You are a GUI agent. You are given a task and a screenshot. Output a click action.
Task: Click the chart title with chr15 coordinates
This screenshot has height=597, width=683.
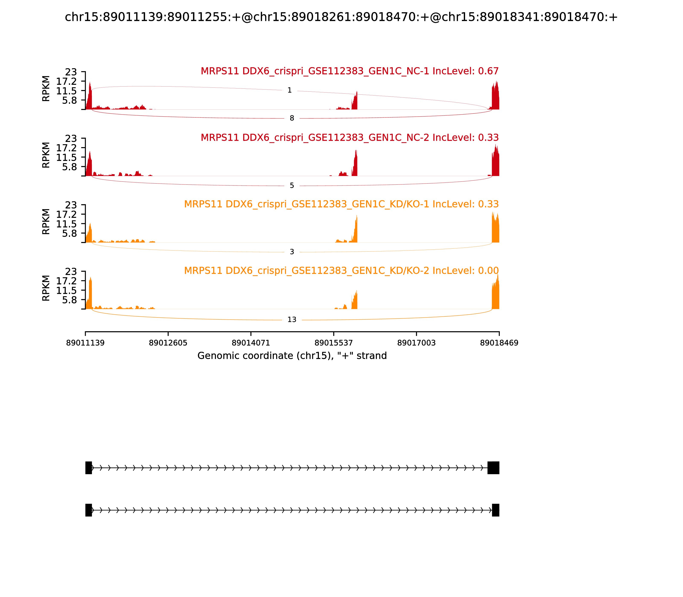pos(341,17)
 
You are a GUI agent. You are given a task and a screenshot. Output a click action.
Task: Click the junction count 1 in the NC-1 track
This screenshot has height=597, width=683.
pos(289,90)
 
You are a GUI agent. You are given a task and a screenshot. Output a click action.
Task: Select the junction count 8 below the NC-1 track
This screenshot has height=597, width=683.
pos(292,118)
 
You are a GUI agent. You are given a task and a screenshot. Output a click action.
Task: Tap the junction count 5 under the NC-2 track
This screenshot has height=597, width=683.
pos(292,185)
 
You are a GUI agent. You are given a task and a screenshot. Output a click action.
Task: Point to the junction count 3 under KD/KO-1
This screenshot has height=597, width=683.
pos(292,252)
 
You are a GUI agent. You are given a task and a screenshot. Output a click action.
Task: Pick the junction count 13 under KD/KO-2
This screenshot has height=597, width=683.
pos(292,320)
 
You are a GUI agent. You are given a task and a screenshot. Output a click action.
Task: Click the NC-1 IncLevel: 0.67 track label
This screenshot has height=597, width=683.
pos(350,71)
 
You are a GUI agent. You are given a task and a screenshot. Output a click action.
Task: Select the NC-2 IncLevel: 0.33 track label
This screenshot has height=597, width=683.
pos(350,138)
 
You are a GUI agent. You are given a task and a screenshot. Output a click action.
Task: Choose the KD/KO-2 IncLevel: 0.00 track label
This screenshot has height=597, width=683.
pos(341,271)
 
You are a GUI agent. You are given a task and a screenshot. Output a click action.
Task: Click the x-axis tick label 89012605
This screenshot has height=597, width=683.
pos(168,343)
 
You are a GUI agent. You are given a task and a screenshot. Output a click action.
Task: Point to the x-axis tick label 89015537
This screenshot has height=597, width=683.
pos(333,343)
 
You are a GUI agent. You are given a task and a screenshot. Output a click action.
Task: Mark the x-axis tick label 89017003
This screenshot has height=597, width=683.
pos(416,343)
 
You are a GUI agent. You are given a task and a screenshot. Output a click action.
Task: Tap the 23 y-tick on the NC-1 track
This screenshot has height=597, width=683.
pos(71,72)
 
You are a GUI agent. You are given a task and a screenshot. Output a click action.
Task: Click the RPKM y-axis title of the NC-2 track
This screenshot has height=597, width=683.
pos(46,155)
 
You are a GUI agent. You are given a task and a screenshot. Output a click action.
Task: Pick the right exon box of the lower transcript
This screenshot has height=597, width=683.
pos(496,510)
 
